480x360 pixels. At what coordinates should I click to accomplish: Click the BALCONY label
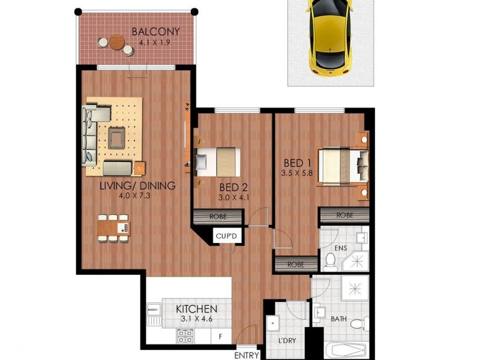tap(155, 32)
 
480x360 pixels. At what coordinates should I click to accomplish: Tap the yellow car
tap(328, 36)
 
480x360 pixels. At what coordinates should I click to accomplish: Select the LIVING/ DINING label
tap(137, 185)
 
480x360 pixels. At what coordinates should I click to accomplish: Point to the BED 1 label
tap(298, 163)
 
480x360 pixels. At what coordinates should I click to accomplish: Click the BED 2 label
tap(230, 186)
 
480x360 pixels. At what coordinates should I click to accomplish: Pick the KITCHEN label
tap(196, 309)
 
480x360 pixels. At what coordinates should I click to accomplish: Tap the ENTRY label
tap(247, 355)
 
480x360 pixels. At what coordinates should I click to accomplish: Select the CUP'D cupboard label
tap(227, 237)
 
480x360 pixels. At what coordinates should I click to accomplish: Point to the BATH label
tap(339, 319)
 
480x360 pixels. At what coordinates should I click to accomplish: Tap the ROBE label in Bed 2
tap(218, 217)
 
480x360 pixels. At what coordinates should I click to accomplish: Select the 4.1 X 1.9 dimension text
tap(155, 43)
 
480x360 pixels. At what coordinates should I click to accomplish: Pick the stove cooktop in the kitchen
tap(184, 337)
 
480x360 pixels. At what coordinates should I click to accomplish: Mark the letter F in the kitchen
tap(221, 337)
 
